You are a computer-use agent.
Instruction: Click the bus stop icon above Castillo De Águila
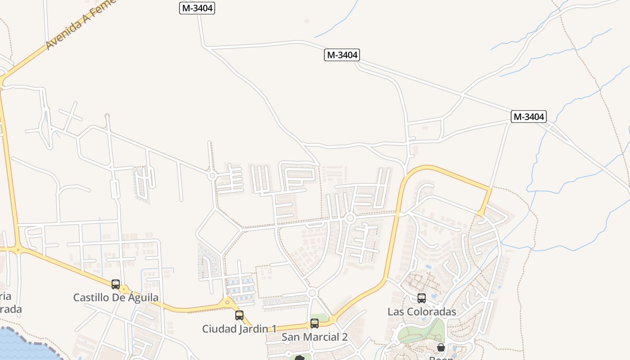116,284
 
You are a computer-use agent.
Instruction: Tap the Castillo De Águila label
116,297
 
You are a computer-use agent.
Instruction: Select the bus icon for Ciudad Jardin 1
239,315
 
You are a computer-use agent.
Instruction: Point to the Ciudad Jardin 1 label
239,329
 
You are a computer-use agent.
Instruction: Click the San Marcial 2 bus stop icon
315,323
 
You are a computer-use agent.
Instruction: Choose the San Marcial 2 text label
315,337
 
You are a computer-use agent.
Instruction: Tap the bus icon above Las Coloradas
422,298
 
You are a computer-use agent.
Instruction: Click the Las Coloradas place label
422,311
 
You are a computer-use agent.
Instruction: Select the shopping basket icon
441,347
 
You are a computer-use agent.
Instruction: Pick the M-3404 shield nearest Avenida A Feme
197,8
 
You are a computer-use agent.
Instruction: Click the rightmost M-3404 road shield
529,117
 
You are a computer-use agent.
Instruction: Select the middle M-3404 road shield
342,55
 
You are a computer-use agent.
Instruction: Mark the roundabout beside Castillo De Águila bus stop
124,289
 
